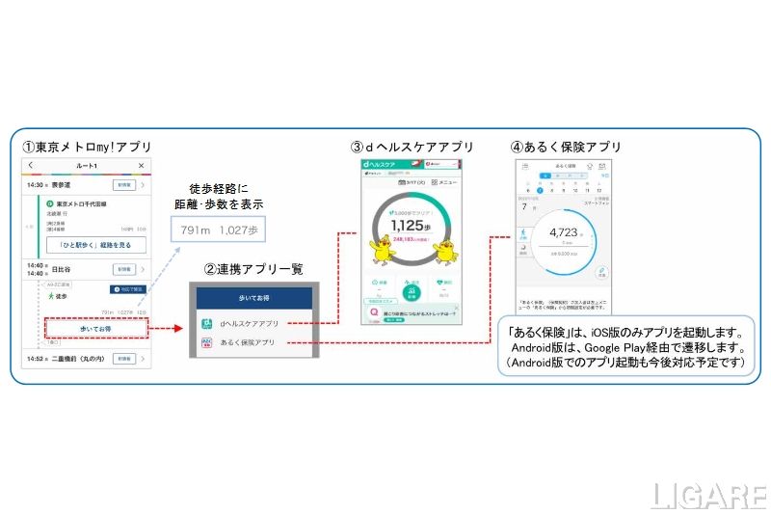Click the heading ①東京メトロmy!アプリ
(x=87, y=147)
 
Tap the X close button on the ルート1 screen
(x=141, y=166)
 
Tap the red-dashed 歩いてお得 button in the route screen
(x=95, y=328)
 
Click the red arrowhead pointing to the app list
(x=179, y=328)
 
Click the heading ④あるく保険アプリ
(x=566, y=147)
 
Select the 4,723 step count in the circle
(x=563, y=232)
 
